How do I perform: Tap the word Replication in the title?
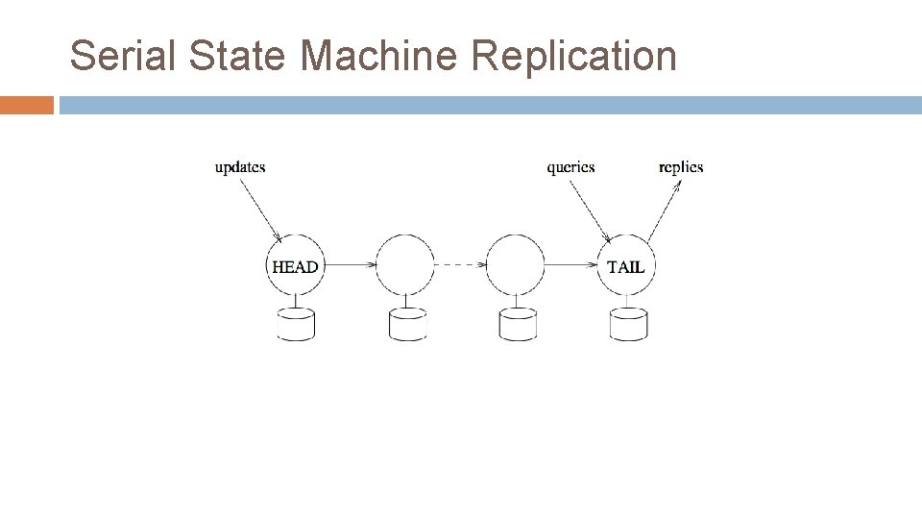click(574, 56)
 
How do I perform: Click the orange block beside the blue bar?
click(27, 105)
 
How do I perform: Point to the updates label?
click(240, 167)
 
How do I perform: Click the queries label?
click(570, 167)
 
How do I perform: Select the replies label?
click(681, 167)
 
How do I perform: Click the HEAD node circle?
click(295, 266)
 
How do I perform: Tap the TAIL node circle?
click(627, 266)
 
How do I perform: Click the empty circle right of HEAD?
click(405, 265)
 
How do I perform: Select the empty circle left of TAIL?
click(516, 265)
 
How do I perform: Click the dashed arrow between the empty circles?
click(460, 265)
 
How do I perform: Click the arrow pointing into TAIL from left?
click(571, 265)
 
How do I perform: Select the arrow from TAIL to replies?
click(664, 211)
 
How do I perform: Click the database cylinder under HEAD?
click(296, 325)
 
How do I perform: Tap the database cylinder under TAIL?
click(628, 325)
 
